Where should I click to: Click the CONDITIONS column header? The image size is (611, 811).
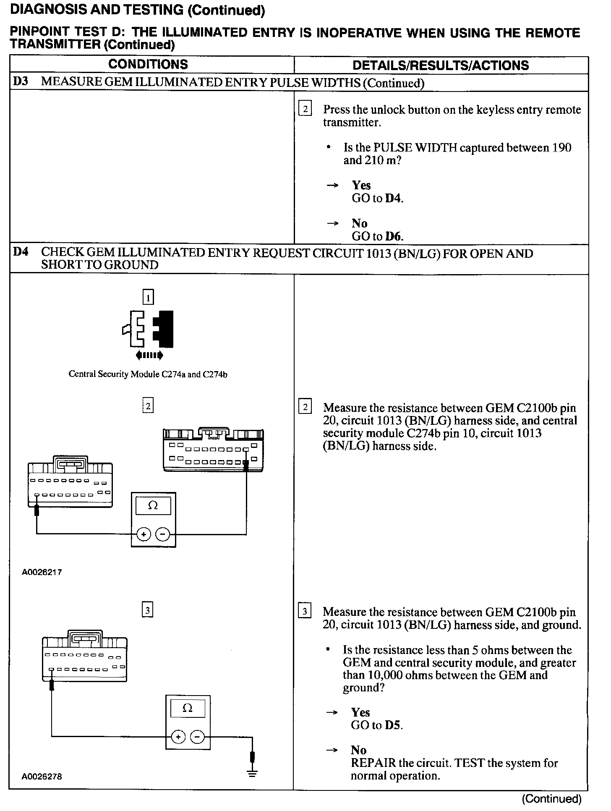148,65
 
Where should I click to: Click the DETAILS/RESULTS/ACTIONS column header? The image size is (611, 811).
441,65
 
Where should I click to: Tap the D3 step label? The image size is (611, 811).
20,81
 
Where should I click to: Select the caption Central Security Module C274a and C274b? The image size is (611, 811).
148,374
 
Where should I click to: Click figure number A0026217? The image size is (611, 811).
42,572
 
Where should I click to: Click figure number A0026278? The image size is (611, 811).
42,777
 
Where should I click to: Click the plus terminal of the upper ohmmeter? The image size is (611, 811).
144,534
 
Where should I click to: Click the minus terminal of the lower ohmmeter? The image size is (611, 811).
198,738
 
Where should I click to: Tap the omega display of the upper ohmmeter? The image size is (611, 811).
153,506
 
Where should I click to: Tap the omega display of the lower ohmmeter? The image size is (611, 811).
188,709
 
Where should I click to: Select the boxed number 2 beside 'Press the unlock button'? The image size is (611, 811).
305,110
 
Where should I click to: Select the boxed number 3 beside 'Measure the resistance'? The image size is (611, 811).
305,612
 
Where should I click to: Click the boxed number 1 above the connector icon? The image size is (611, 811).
148,298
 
